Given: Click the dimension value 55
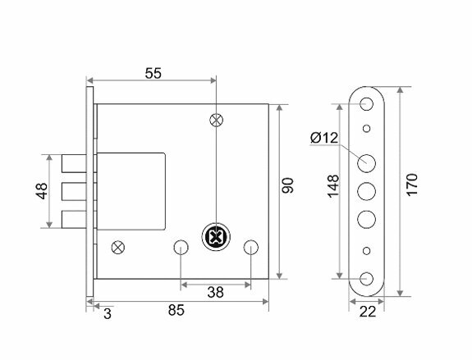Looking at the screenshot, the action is coord(154,73).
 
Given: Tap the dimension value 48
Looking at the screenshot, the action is coord(42,191).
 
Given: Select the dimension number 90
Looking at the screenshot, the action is coord(287,185).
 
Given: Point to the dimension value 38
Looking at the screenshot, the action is coord(215,292).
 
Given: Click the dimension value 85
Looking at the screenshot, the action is coord(176,310).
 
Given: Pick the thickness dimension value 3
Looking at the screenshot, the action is coord(108,314).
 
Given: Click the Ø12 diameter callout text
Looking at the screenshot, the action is coord(324,138).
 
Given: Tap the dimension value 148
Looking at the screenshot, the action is coord(333,186).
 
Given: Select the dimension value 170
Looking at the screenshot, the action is coord(412,185).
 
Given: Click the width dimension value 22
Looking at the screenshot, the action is coord(368,312).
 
